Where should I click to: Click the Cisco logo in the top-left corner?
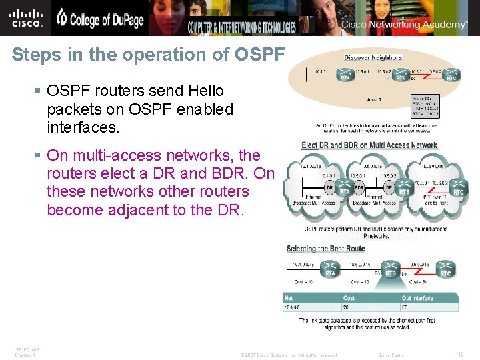[x=26, y=17]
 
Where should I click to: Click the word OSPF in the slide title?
[x=259, y=54]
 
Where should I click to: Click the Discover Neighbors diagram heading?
[x=373, y=57]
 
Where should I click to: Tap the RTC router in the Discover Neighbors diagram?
[x=451, y=74]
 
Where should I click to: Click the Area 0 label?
[x=374, y=99]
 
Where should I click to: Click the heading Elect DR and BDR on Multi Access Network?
[x=369, y=145]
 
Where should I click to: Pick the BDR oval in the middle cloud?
[x=359, y=188]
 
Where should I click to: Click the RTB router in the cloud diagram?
[x=404, y=188]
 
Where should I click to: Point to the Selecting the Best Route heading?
[x=326, y=249]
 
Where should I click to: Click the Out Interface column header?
[x=417, y=298]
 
